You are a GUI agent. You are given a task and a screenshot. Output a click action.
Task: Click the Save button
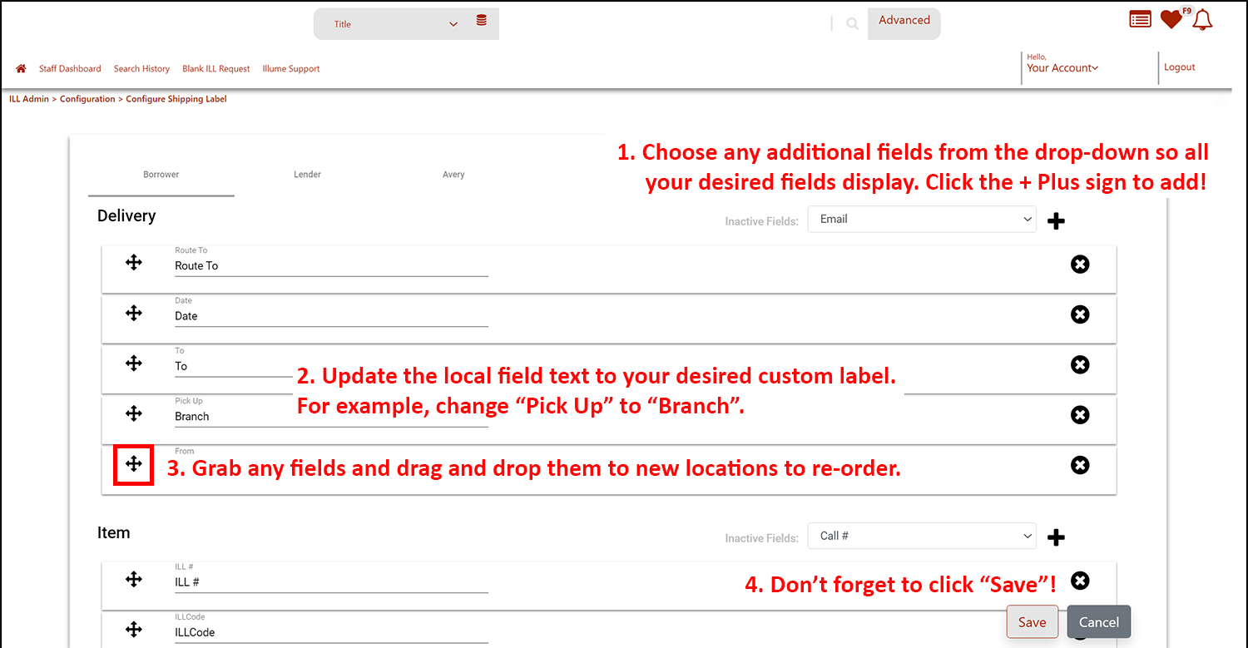pyautogui.click(x=1032, y=622)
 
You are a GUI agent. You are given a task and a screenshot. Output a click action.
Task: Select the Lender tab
pyautogui.click(x=307, y=175)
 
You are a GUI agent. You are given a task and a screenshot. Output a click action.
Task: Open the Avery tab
pyautogui.click(x=453, y=175)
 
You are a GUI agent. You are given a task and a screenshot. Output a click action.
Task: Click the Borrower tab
pyautogui.click(x=161, y=175)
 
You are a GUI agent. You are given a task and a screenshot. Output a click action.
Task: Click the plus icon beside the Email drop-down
pyautogui.click(x=1056, y=221)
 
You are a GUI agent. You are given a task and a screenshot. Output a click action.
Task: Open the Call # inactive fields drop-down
pyautogui.click(x=922, y=536)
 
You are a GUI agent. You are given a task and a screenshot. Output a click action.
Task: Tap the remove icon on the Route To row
pyautogui.click(x=1080, y=264)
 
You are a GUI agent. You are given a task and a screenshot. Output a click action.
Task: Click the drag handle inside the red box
pyautogui.click(x=134, y=464)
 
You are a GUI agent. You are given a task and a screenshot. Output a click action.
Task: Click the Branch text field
pyautogui.click(x=331, y=417)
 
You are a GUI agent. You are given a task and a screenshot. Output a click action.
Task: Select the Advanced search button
pyautogui.click(x=904, y=21)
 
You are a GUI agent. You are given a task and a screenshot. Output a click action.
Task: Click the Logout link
pyautogui.click(x=1180, y=67)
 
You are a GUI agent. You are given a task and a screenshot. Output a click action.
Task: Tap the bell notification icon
pyautogui.click(x=1202, y=20)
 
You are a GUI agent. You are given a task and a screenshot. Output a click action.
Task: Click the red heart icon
pyautogui.click(x=1171, y=19)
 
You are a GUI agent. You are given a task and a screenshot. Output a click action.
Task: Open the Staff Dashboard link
pyautogui.click(x=70, y=68)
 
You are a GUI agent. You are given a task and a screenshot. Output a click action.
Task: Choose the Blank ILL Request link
pyautogui.click(x=215, y=68)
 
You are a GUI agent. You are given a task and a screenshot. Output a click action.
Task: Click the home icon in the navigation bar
pyautogui.click(x=21, y=68)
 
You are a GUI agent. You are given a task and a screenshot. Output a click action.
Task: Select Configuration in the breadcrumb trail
pyautogui.click(x=87, y=99)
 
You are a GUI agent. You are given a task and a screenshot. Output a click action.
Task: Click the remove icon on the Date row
pyautogui.click(x=1080, y=314)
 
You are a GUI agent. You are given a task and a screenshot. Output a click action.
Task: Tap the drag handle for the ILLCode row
pyautogui.click(x=134, y=630)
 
